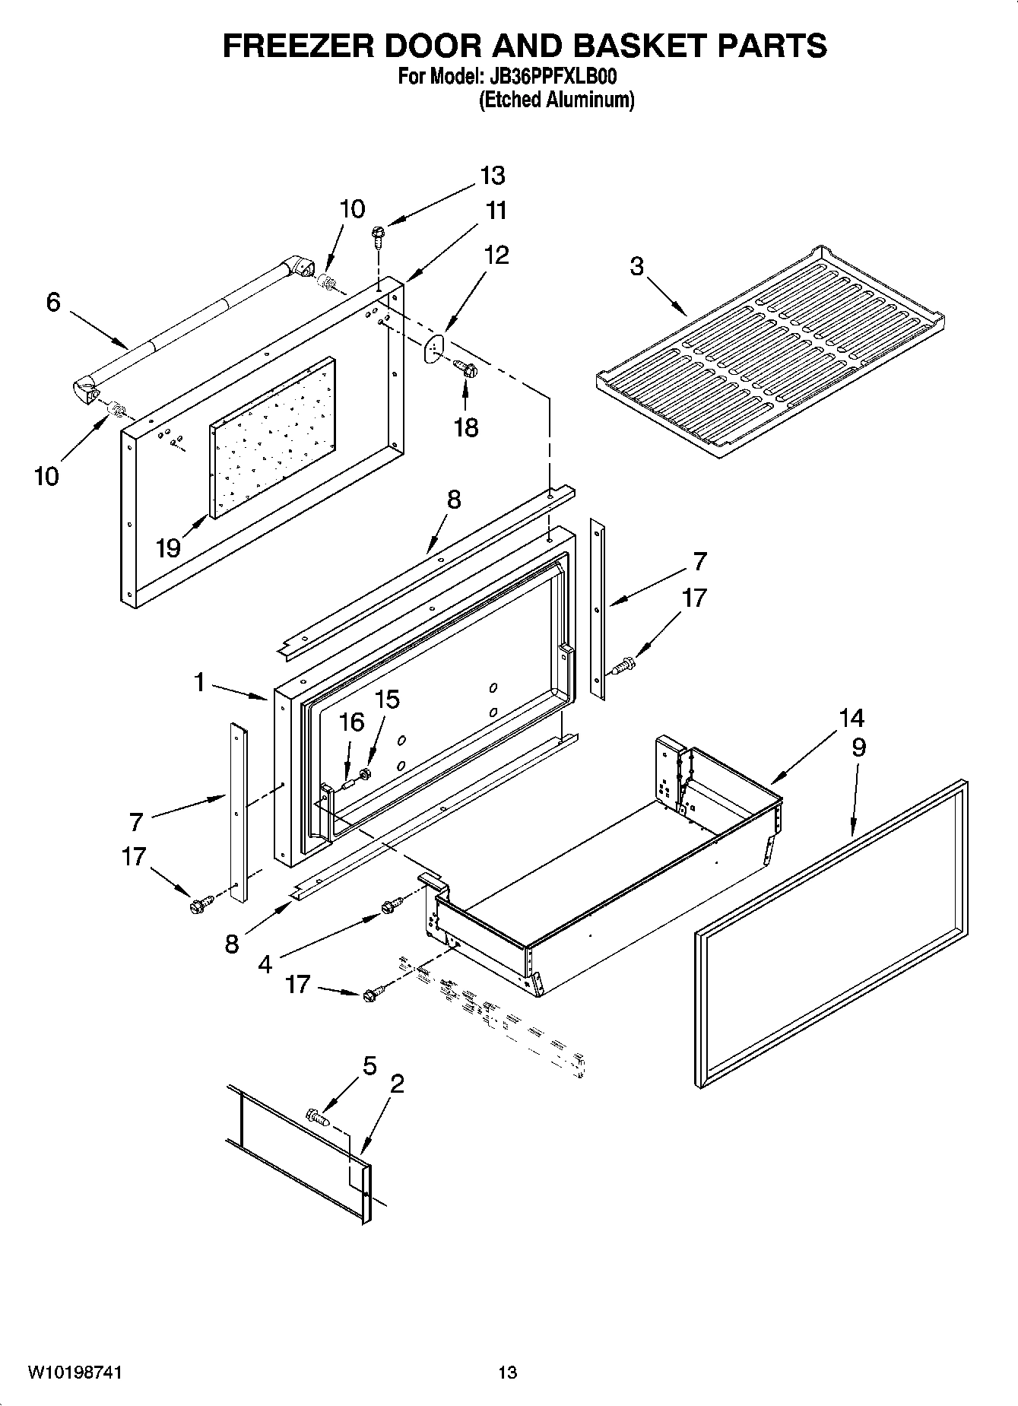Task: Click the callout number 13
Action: pyautogui.click(x=493, y=176)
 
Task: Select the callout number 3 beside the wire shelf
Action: pyautogui.click(x=636, y=266)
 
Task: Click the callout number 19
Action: pyautogui.click(x=168, y=547)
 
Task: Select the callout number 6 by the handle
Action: pyautogui.click(x=52, y=302)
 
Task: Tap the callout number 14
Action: pyautogui.click(x=852, y=718)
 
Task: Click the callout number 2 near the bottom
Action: pyautogui.click(x=396, y=1084)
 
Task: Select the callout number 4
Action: pyautogui.click(x=265, y=964)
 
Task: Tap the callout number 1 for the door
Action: pyautogui.click(x=199, y=682)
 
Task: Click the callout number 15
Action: pyautogui.click(x=388, y=700)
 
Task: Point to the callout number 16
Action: pyautogui.click(x=351, y=722)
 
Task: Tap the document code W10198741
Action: pyautogui.click(x=75, y=1373)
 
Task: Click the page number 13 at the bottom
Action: pyautogui.click(x=507, y=1373)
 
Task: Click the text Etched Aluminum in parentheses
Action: pyautogui.click(x=556, y=100)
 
